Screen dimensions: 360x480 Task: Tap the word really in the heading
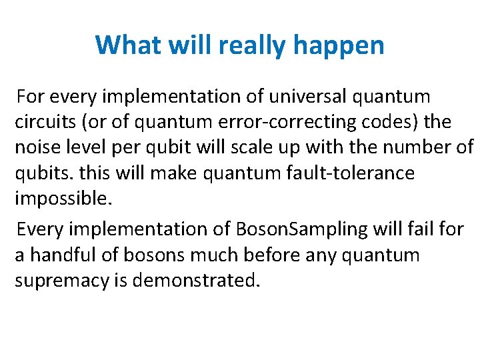[249, 45]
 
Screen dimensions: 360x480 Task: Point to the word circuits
[45, 123]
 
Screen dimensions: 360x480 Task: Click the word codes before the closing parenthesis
[403, 123]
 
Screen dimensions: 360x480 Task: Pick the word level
[85, 148]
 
